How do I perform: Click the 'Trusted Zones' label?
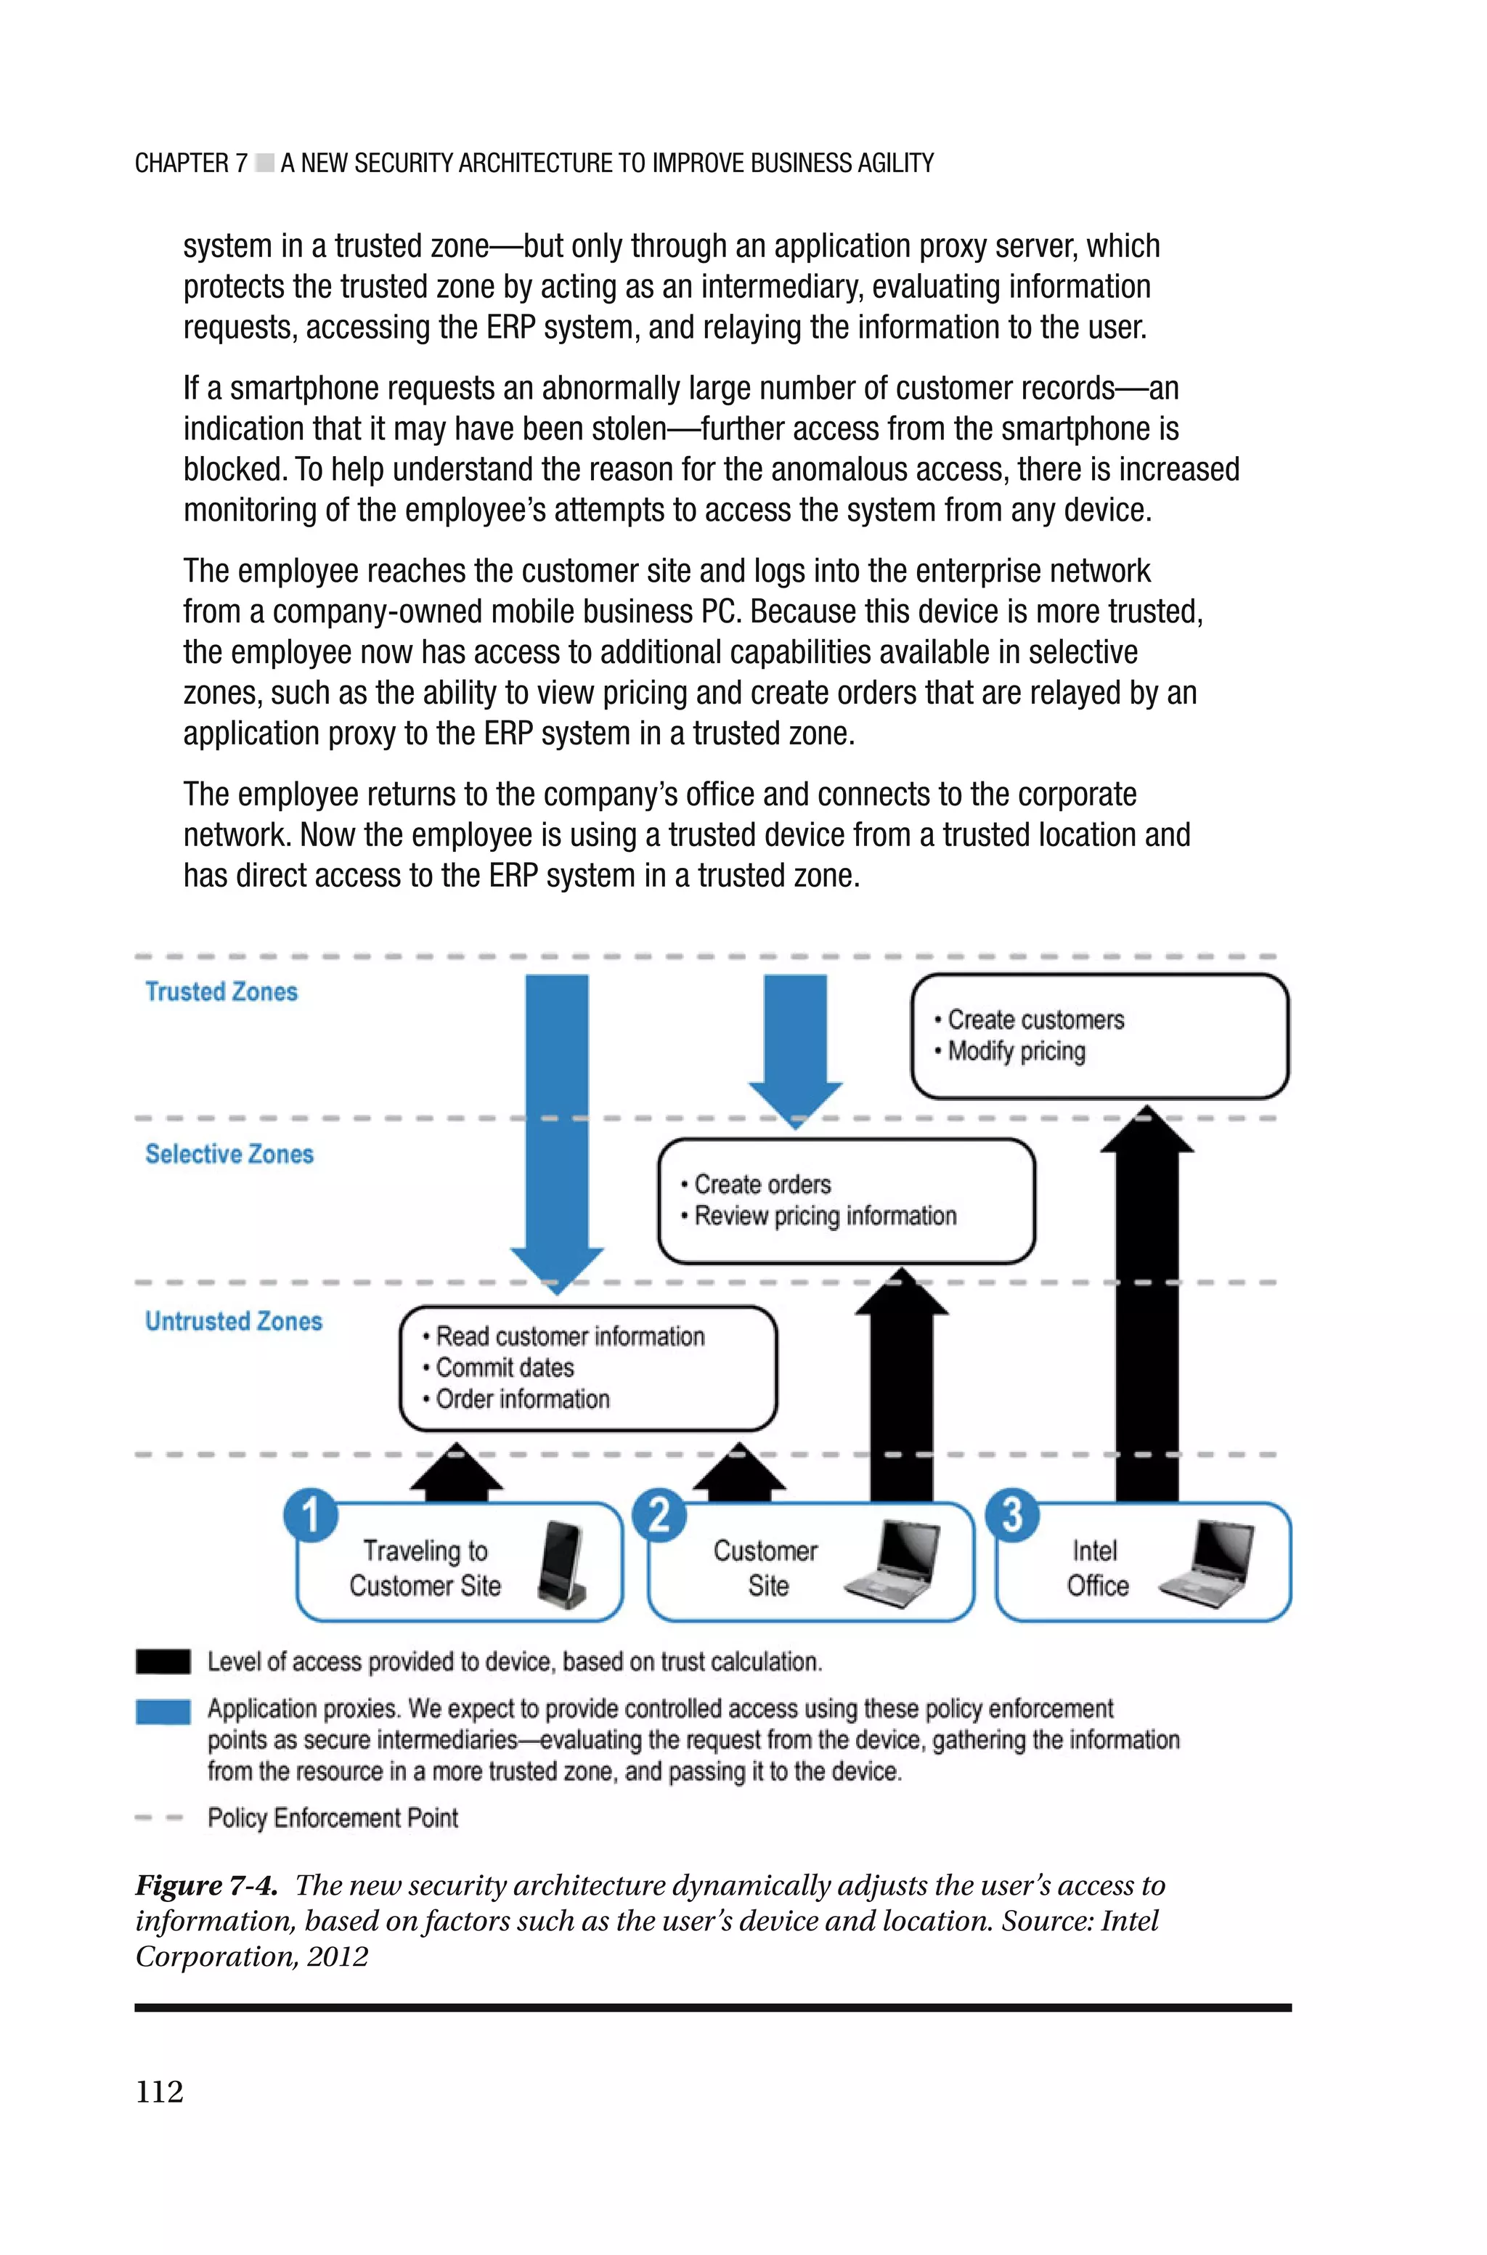pyautogui.click(x=221, y=992)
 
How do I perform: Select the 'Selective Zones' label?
pyautogui.click(x=229, y=1154)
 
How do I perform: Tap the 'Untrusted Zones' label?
pyautogui.click(x=233, y=1321)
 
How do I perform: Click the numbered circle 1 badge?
pyautogui.click(x=310, y=1514)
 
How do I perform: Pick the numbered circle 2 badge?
pyautogui.click(x=659, y=1514)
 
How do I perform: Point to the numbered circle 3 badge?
pyautogui.click(x=1012, y=1514)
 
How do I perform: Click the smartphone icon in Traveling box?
pyautogui.click(x=561, y=1566)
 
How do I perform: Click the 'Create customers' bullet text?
pyautogui.click(x=1035, y=1020)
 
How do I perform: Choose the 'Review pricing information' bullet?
pyautogui.click(x=824, y=1216)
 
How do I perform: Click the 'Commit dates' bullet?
pyautogui.click(x=505, y=1368)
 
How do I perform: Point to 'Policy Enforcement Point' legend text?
pyautogui.click(x=332, y=1818)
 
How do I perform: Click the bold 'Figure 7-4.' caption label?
pyautogui.click(x=205, y=1885)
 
